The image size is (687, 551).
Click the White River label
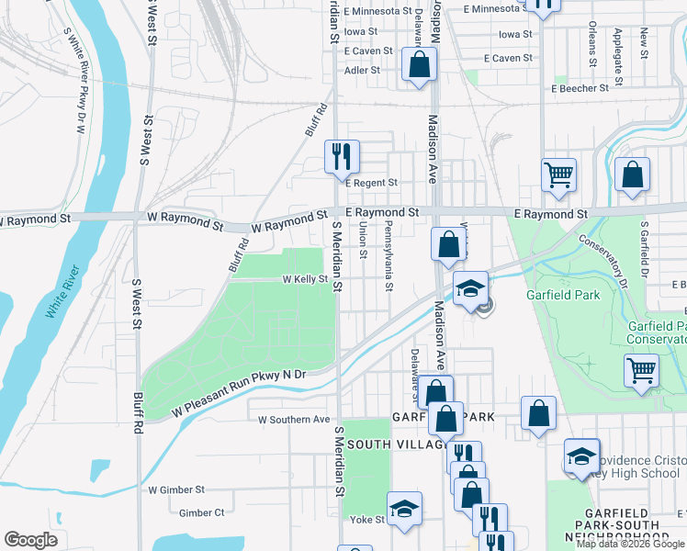coord(62,292)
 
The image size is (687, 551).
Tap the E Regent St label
coord(371,184)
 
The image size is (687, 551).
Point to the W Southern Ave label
coord(293,420)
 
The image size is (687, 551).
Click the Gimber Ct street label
coord(202,512)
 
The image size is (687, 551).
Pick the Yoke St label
coord(367,519)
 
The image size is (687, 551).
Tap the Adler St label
coord(362,69)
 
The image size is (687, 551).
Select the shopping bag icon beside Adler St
coord(419,65)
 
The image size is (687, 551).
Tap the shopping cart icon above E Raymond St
coord(559,173)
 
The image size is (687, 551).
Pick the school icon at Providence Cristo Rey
coord(582,455)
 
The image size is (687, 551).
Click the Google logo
coord(30,540)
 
